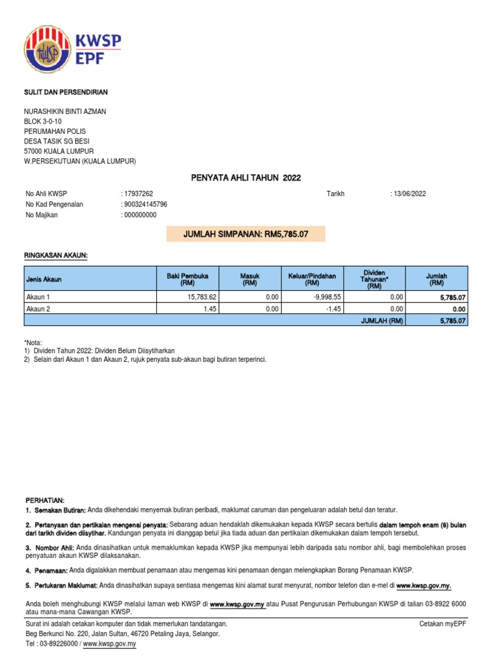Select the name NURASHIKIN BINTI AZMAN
tap(66, 111)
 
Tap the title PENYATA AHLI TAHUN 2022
tap(246, 177)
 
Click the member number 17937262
tap(138, 194)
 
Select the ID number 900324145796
tap(145, 204)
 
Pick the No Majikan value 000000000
tap(140, 215)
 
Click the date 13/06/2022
tap(410, 194)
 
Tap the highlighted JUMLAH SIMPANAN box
tap(246, 234)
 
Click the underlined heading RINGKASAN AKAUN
tap(56, 256)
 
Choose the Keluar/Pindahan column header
tap(312, 279)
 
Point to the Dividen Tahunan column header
tap(375, 279)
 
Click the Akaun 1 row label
tap(38, 297)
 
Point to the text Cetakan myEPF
tap(443, 623)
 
